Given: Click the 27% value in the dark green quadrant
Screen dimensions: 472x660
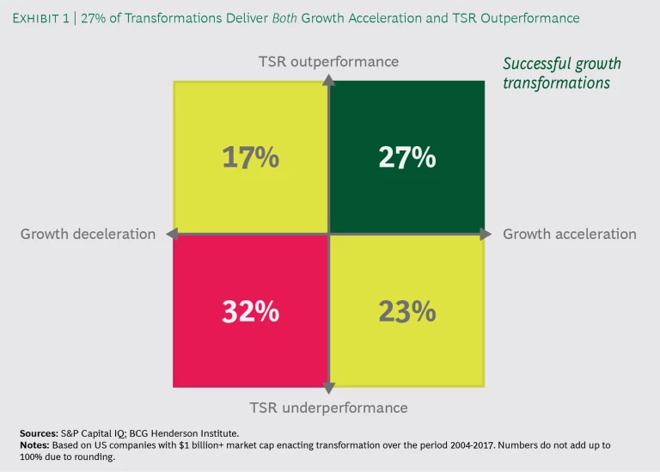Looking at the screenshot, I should coord(406,157).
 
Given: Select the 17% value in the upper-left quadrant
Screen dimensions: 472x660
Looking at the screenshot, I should coord(250,157).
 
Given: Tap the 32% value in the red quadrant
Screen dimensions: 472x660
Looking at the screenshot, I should coord(250,311).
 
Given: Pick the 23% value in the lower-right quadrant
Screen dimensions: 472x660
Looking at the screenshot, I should coord(406,311).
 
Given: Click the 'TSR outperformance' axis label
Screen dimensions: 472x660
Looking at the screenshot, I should coord(328,62).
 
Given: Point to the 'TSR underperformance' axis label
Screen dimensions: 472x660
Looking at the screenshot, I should coord(328,408).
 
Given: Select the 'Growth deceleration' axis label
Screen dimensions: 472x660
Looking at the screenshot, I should coord(88,234).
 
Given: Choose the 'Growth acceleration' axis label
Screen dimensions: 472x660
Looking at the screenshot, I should coord(569,234).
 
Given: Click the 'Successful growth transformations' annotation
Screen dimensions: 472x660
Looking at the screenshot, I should coord(561,74).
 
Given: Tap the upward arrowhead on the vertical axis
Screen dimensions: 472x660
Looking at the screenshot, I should coord(328,80).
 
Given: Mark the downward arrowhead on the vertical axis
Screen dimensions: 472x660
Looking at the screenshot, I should coord(328,389).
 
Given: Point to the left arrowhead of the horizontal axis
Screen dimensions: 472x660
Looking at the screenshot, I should coord(172,234).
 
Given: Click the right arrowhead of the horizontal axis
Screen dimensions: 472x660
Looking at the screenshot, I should coord(485,234).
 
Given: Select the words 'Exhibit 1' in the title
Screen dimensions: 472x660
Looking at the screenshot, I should coord(42,18).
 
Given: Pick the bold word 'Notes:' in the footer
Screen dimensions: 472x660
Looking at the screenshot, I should coord(35,445).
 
